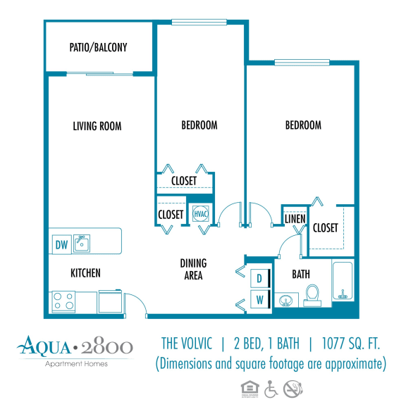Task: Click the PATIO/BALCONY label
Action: [x=99, y=48]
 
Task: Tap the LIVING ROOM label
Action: [x=97, y=127]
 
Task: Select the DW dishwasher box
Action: [x=61, y=245]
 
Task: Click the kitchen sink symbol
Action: [x=82, y=244]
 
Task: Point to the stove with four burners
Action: [x=63, y=302]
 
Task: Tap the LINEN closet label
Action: [x=295, y=219]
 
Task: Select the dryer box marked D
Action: [x=259, y=278]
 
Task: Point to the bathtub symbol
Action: [x=343, y=282]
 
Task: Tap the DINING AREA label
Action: [x=192, y=270]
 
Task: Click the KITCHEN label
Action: [x=85, y=273]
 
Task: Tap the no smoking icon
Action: [x=292, y=388]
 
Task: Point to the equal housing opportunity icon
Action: [x=248, y=388]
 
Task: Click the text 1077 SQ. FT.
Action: [x=350, y=344]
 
